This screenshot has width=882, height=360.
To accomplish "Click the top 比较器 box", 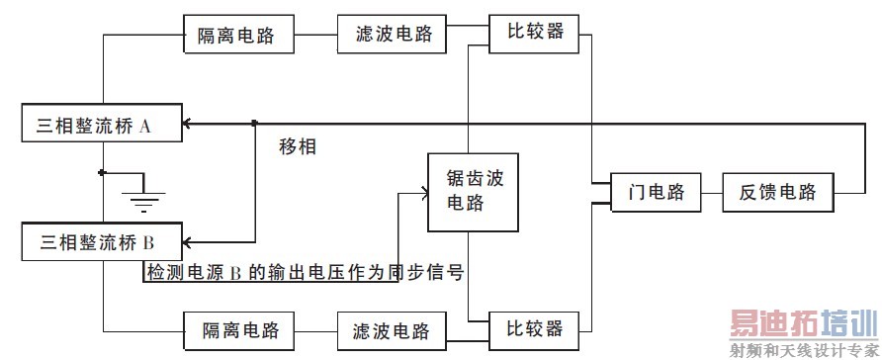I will click(x=529, y=32).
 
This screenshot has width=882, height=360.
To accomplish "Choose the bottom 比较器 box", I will click(x=529, y=327).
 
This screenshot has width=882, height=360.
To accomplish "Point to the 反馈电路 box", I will click(x=777, y=192).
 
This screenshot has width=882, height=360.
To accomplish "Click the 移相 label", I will click(x=299, y=147).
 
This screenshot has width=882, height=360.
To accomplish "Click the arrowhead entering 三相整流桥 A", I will click(x=190, y=124).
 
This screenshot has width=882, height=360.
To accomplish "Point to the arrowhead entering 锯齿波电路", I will click(x=420, y=194).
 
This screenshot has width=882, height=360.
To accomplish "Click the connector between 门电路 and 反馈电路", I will click(x=710, y=192).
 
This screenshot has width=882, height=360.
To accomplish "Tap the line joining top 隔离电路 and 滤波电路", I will click(x=316, y=37).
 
